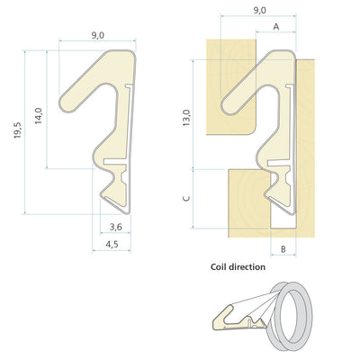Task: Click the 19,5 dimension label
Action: pyautogui.click(x=18, y=130)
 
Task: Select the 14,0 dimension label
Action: pyautogui.click(x=39, y=116)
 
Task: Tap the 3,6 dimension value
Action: pyautogui.click(x=115, y=227)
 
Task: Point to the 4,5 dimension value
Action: pyautogui.click(x=112, y=244)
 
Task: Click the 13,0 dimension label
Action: pyautogui.click(x=186, y=118)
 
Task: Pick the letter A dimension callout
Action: pyautogui.click(x=276, y=27)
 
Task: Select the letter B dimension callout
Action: pyautogui.click(x=283, y=248)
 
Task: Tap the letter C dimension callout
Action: pyautogui.click(x=186, y=198)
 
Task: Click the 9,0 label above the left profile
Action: pyautogui.click(x=97, y=35)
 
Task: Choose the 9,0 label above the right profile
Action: pyautogui.click(x=259, y=10)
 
